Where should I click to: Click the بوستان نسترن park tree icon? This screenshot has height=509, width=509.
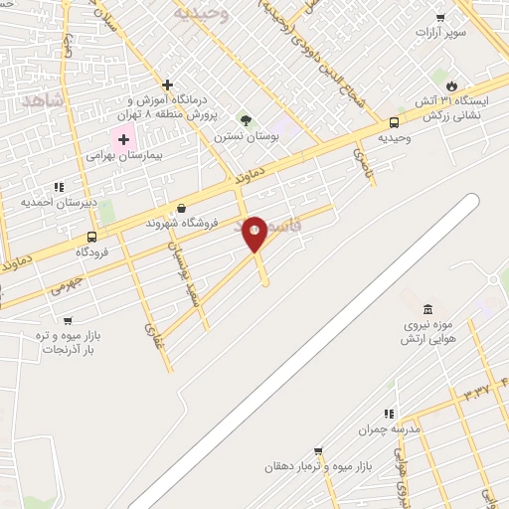[x=246, y=120]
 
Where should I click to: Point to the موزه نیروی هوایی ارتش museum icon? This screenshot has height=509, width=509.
[x=427, y=309]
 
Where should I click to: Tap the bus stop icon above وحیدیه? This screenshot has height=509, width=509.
[x=395, y=123]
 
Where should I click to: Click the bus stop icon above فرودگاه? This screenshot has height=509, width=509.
[x=91, y=237]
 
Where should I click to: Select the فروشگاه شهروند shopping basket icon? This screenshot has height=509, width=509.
[x=180, y=208]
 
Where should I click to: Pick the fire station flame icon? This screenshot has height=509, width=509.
[x=452, y=86]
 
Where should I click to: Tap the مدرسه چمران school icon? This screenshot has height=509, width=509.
[x=389, y=414]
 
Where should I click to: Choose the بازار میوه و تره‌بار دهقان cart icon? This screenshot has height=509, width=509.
[x=318, y=450]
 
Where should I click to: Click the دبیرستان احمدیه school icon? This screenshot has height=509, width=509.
[x=59, y=185]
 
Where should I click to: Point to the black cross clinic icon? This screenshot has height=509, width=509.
[x=168, y=85]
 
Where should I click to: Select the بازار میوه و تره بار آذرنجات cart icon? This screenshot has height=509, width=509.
[x=67, y=320]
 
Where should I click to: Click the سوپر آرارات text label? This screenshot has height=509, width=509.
[x=440, y=32]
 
